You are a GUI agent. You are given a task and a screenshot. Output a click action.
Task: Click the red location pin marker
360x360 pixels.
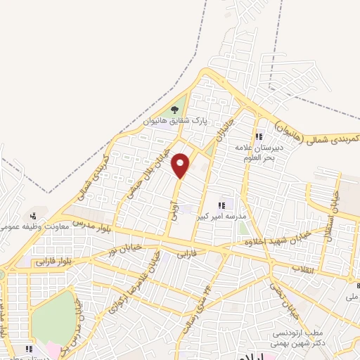(181, 165)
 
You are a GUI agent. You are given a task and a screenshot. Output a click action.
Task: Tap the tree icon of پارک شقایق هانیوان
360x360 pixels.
(175, 110)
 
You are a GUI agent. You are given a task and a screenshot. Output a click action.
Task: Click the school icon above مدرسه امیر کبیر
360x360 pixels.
(221, 205)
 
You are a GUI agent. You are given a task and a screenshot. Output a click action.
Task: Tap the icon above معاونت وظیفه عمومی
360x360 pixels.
(32, 216)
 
